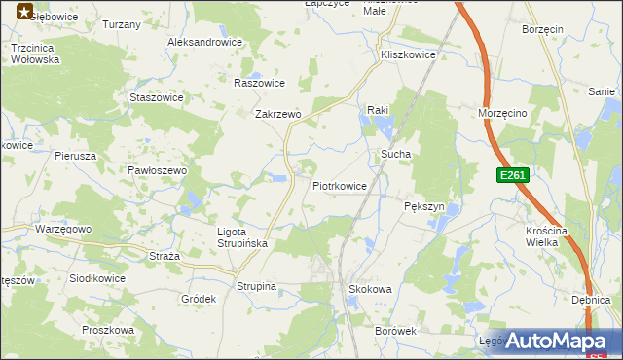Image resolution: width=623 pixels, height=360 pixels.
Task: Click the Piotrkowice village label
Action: click(x=340, y=185)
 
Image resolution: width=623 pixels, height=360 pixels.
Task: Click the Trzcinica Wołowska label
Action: click(x=35, y=53)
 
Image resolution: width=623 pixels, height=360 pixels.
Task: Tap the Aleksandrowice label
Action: click(x=204, y=43)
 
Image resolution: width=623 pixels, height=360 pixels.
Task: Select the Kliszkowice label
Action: click(x=409, y=55)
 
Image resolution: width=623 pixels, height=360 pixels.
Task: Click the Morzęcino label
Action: click(x=502, y=113)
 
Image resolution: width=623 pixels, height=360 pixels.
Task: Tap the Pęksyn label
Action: click(x=423, y=207)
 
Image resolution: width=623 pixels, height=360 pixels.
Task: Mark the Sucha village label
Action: click(x=395, y=154)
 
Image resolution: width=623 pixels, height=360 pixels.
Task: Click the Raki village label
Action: click(x=377, y=110)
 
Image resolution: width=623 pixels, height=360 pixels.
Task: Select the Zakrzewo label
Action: click(x=278, y=114)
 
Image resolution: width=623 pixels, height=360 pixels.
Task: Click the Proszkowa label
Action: click(x=107, y=330)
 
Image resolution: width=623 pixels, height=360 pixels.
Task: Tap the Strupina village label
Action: click(x=257, y=286)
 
